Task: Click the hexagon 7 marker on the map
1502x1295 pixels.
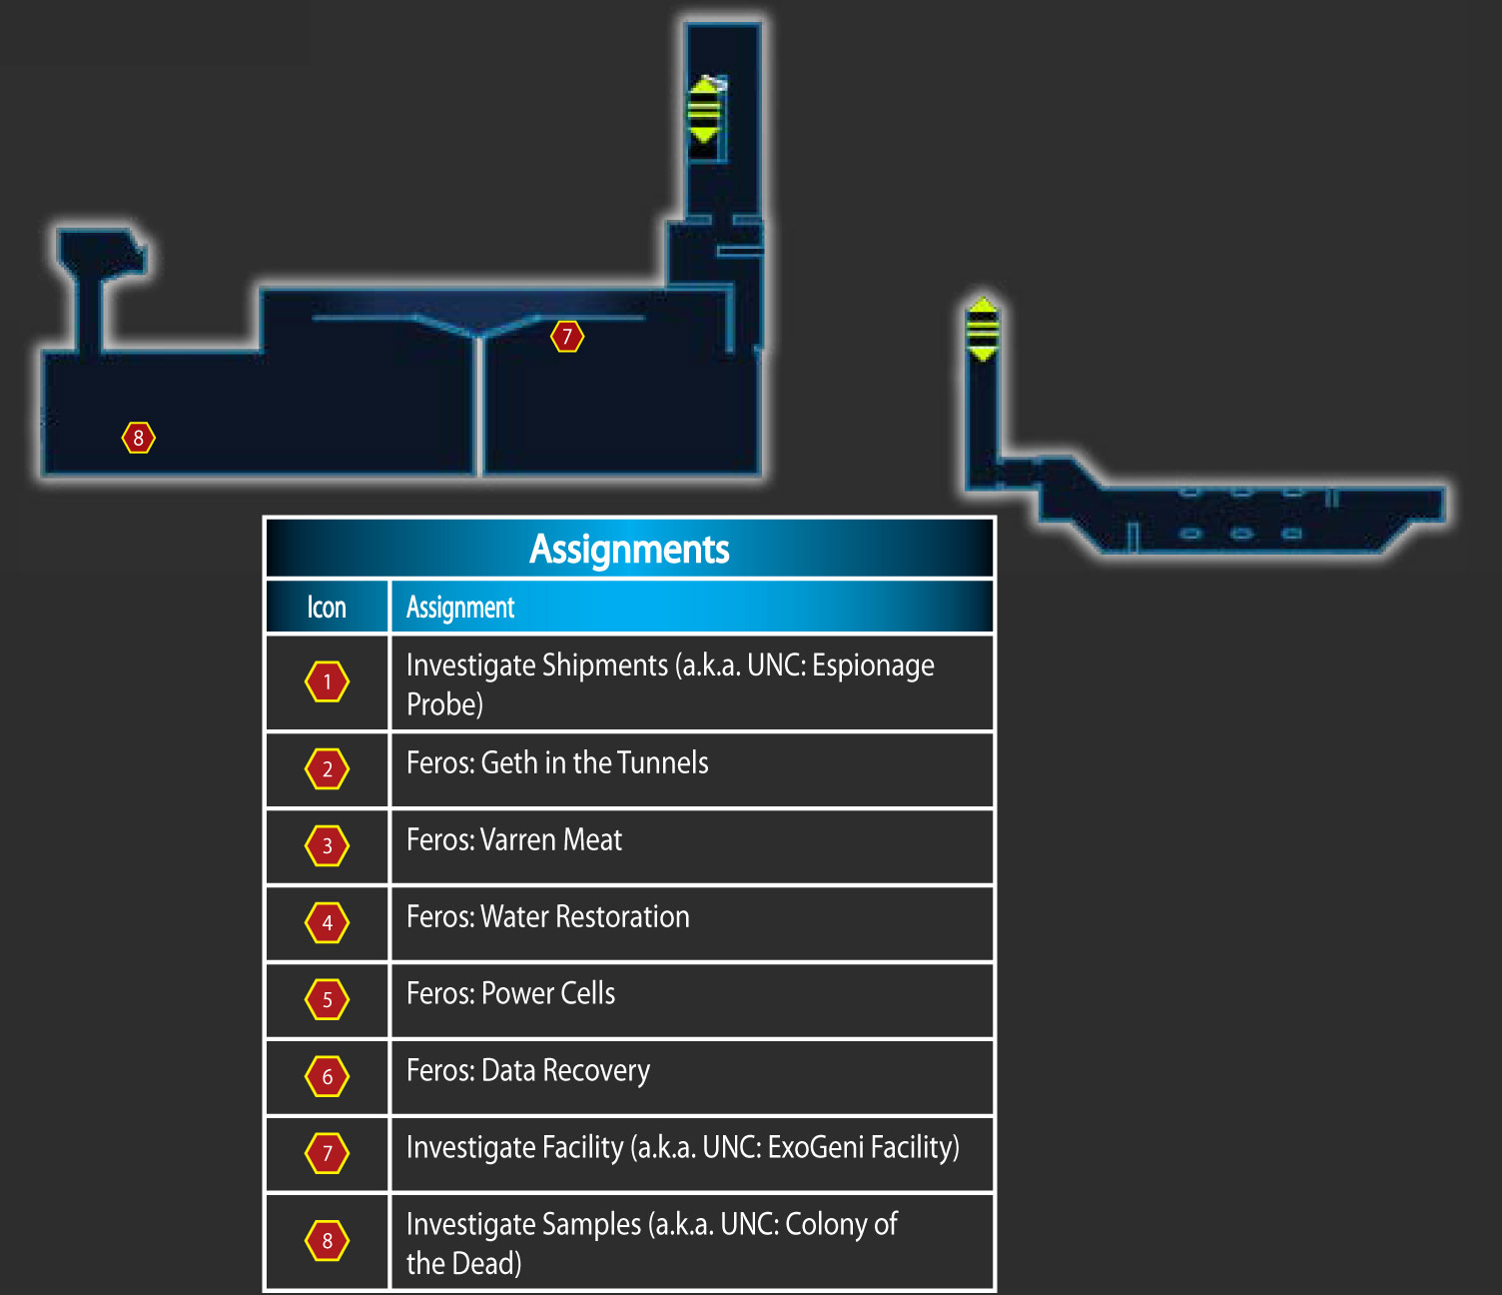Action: pos(567,337)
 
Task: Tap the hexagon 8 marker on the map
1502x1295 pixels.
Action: pos(138,438)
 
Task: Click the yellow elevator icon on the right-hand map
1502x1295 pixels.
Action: pos(983,330)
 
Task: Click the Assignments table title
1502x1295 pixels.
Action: pos(629,549)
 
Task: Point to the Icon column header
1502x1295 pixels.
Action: pos(327,608)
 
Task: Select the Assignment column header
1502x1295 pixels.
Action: pos(460,608)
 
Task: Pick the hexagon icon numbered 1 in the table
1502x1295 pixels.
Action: pos(327,682)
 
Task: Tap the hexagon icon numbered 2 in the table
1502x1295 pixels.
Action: pos(327,769)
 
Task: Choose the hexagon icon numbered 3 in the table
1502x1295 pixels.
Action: pos(327,845)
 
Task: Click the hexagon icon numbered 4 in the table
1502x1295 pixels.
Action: pos(327,922)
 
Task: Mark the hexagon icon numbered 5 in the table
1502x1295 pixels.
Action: pos(327,1000)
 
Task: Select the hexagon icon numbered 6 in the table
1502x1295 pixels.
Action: pos(327,1077)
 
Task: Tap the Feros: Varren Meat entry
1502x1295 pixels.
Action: pos(514,839)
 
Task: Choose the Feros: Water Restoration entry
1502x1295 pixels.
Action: pos(548,917)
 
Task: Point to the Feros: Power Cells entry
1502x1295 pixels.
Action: pos(511,994)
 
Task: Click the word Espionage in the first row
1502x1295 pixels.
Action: pos(873,666)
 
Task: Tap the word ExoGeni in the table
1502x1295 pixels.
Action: pos(815,1148)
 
